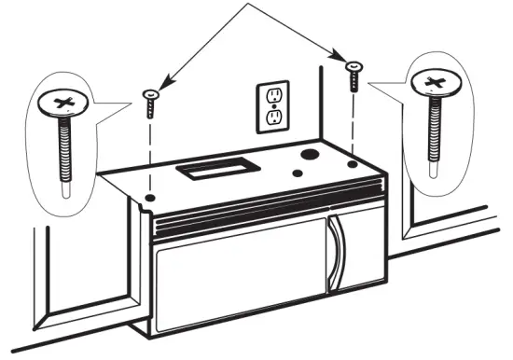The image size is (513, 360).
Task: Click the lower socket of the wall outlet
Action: [273, 118]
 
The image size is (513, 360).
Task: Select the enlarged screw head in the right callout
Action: [435, 84]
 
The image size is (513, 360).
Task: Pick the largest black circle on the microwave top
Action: [308, 152]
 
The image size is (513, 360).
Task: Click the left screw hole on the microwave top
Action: [150, 198]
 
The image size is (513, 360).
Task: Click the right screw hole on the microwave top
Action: [352, 164]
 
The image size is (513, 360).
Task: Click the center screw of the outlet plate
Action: [273, 106]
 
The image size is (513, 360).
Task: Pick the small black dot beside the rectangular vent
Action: [296, 173]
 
